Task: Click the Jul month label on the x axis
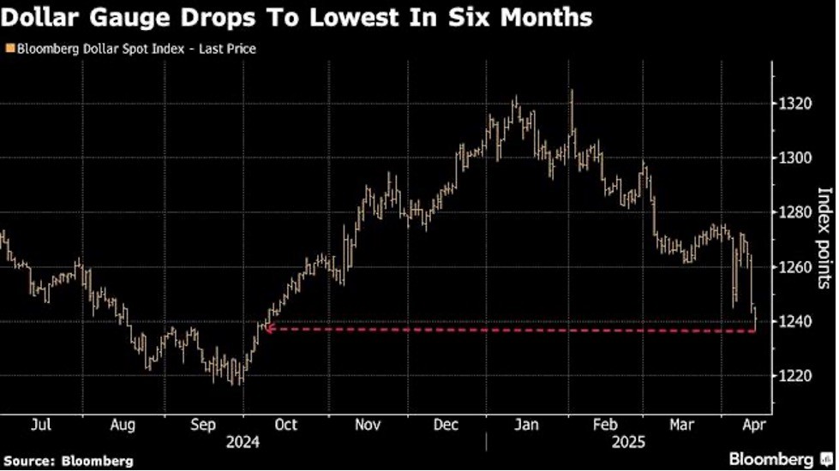[40, 424]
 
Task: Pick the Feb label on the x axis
[606, 424]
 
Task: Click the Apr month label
[749, 424]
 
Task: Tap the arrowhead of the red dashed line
[267, 328]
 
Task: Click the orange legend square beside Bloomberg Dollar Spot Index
[9, 49]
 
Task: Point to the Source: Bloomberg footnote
[67, 461]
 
